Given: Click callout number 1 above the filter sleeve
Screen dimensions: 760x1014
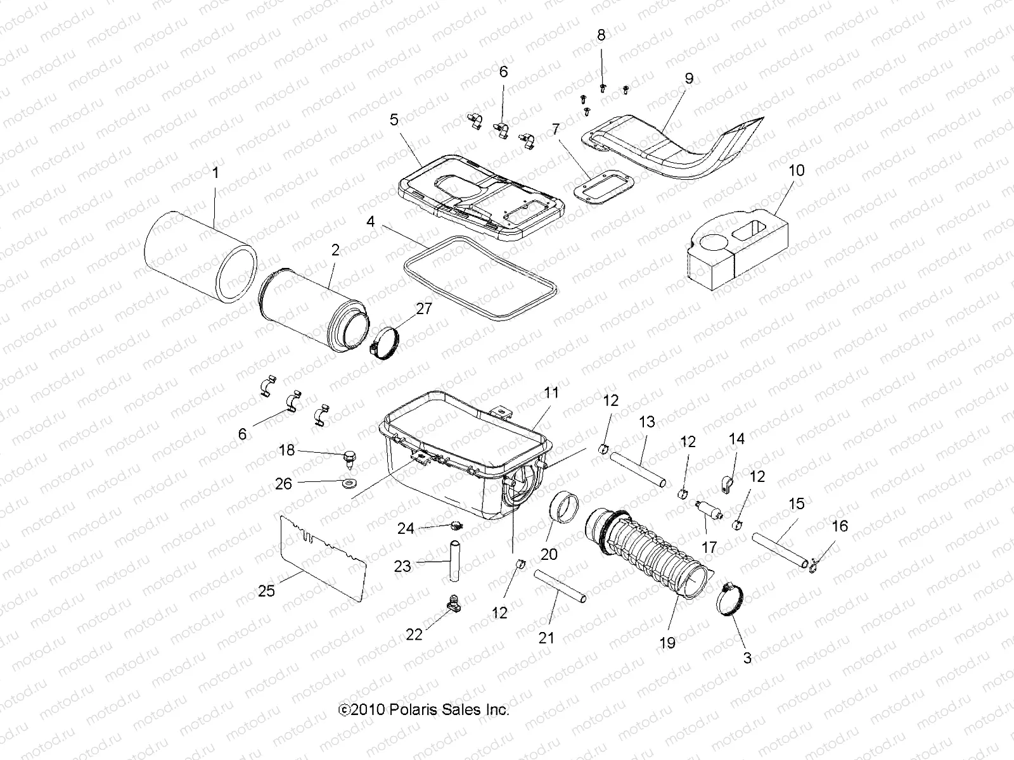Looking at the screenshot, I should (x=215, y=173).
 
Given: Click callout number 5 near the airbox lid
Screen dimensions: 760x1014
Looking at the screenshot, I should (x=394, y=120).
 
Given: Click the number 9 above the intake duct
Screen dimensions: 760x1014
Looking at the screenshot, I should (x=689, y=79).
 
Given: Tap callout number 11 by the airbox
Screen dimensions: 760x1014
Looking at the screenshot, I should (x=551, y=393).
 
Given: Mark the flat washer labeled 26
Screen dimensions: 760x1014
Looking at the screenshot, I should (x=347, y=485).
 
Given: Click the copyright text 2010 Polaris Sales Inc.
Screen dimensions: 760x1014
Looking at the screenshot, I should (x=425, y=710).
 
